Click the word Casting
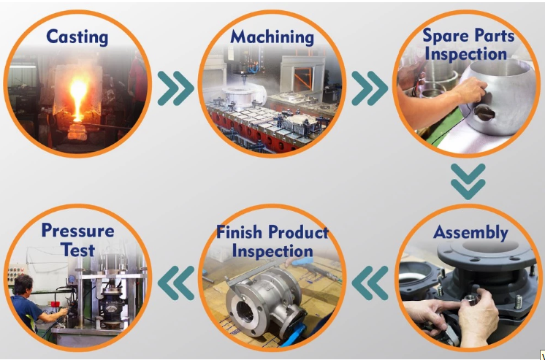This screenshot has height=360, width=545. click(77, 37)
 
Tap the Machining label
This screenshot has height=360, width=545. click(272, 37)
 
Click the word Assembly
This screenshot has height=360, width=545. click(470, 233)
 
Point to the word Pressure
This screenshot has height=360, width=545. click(78, 231)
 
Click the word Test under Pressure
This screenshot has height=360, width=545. click(78, 250)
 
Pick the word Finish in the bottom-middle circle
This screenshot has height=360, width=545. click(240, 231)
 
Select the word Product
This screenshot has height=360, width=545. click(298, 232)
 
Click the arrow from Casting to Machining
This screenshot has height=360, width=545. click(175, 88)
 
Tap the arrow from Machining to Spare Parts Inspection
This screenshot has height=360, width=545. click(370, 88)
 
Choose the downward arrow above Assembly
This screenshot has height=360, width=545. click(468, 181)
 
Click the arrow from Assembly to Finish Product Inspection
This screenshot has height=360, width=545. click(370, 283)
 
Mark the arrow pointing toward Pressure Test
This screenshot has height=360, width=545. click(175, 283)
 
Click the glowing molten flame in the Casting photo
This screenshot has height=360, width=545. click(77, 97)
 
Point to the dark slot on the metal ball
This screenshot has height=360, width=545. click(484, 112)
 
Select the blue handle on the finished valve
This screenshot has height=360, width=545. click(292, 334)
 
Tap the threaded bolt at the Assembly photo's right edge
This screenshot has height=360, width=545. click(518, 302)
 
